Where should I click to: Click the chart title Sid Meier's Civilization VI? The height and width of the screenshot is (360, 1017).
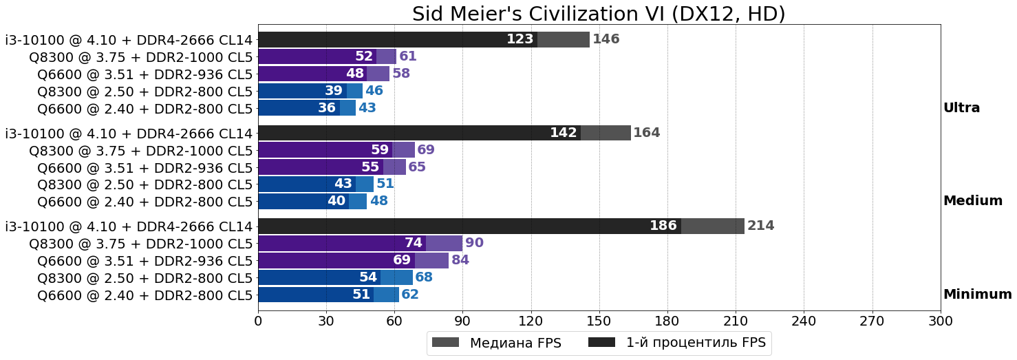point(599,14)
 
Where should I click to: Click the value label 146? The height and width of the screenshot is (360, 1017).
point(606,39)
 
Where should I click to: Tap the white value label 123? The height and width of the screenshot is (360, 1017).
point(520,39)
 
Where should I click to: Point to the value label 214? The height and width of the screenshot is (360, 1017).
point(760,226)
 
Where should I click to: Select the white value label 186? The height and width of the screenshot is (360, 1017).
point(663,226)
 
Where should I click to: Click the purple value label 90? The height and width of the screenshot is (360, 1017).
point(474,243)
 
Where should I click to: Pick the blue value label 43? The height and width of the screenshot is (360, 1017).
point(367,108)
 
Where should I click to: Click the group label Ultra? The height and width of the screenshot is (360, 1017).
point(961,108)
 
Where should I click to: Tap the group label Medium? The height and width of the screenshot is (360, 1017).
point(972,201)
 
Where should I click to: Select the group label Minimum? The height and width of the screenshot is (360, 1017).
point(977,295)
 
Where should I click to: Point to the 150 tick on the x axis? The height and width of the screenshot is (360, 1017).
point(599,321)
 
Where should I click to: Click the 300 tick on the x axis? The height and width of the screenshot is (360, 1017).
point(940,321)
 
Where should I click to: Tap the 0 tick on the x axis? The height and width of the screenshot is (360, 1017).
point(258,321)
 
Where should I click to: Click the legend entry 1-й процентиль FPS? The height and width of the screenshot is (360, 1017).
point(695,342)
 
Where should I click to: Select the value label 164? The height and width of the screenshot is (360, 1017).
point(647,133)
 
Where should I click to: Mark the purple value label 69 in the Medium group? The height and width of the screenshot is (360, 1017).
point(426,150)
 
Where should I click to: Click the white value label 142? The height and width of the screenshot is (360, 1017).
point(563,133)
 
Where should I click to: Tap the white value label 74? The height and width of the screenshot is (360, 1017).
point(413,243)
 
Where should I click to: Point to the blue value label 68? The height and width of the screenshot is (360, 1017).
point(424,277)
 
